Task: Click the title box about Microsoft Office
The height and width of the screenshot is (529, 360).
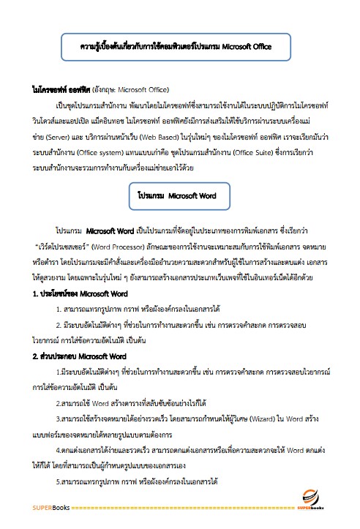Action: (x=176, y=46)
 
